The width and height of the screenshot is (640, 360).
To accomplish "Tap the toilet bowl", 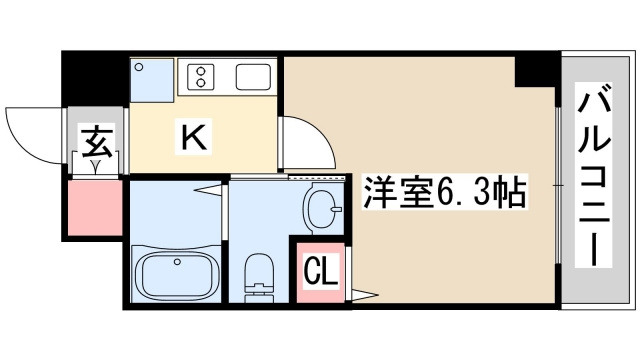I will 259,273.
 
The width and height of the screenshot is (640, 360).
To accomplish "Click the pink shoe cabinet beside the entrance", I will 95,207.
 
